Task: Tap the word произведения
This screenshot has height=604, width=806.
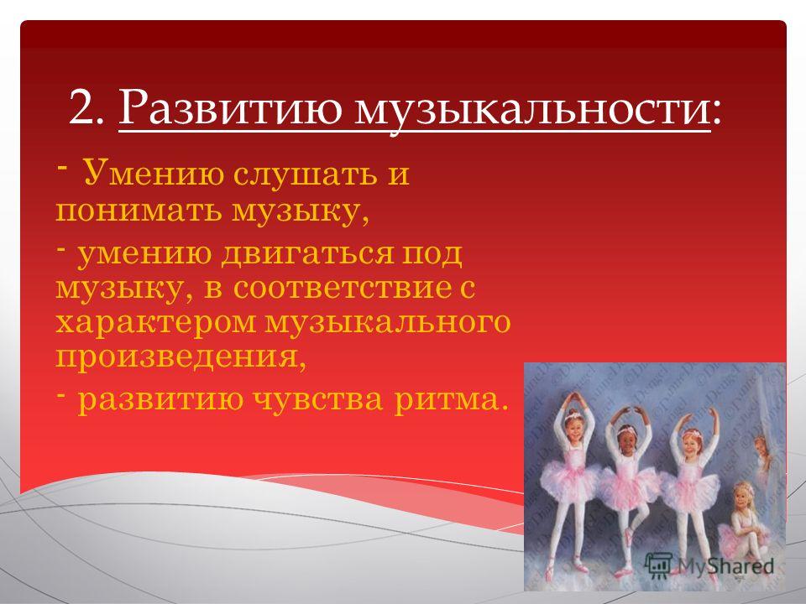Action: [x=176, y=358]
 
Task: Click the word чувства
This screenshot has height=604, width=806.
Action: [x=319, y=400]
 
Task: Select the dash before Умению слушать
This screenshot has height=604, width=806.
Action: [x=60, y=166]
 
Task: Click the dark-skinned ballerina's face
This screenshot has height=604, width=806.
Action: [x=626, y=438]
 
